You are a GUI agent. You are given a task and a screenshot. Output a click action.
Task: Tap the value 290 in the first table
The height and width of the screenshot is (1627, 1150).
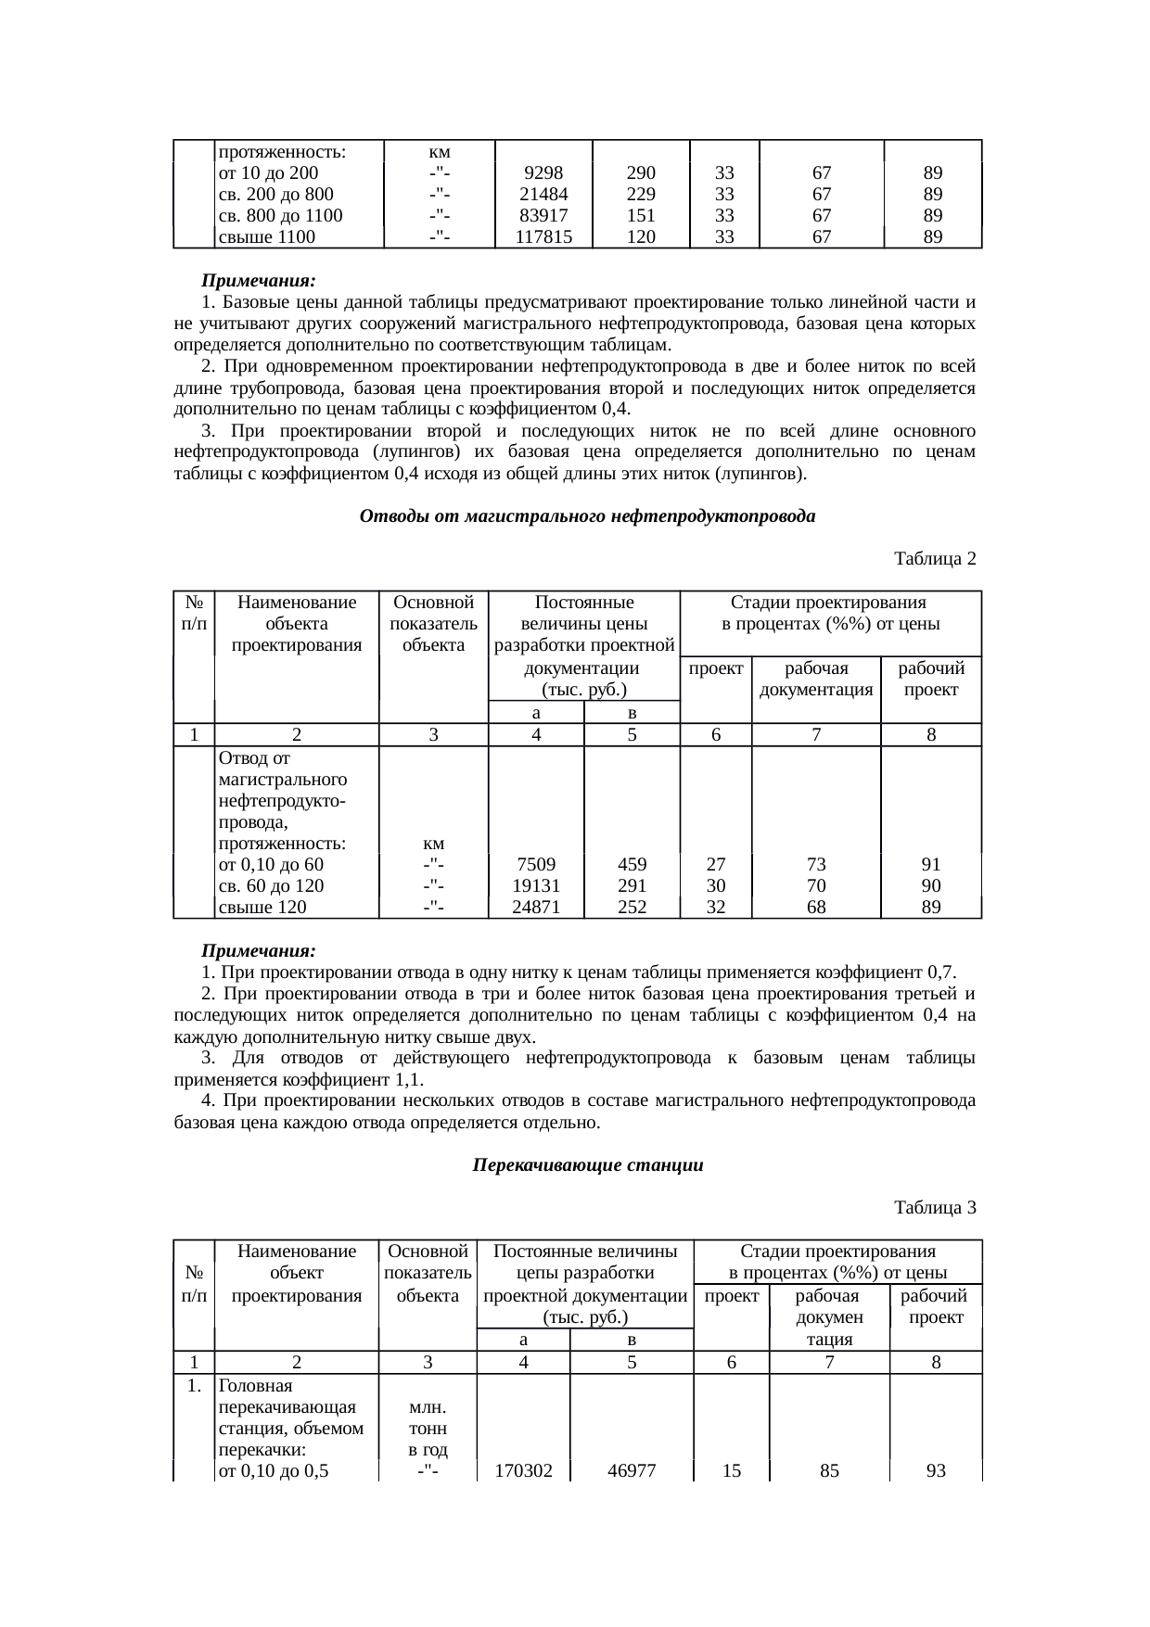641,173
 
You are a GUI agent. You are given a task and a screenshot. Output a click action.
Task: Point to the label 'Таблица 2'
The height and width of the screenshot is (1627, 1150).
934,559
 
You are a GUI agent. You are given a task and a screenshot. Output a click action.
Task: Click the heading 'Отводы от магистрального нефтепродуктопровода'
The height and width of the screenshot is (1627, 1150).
587,516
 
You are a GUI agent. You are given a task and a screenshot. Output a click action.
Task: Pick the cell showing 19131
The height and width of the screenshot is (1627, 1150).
535,886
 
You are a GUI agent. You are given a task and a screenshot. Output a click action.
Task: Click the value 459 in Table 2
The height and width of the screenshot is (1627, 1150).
632,865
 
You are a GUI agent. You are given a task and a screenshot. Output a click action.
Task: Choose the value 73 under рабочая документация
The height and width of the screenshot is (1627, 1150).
815,865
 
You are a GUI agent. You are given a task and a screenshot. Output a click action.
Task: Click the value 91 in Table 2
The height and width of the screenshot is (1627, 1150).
931,865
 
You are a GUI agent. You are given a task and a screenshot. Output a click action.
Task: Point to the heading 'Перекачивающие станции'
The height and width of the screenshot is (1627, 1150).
588,1165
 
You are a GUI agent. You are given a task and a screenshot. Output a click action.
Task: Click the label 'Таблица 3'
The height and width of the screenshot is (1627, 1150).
934,1208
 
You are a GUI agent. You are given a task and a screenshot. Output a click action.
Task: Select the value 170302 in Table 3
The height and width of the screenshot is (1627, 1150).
524,1471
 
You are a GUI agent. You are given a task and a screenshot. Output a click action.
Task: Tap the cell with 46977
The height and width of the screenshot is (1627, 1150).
632,1471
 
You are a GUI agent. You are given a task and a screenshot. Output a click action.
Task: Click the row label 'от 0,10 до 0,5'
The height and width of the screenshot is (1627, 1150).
272,1471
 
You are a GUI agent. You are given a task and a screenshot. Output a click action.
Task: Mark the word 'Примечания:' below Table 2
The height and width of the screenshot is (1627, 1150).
259,951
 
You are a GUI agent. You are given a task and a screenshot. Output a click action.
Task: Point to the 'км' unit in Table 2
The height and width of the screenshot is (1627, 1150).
432,844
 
